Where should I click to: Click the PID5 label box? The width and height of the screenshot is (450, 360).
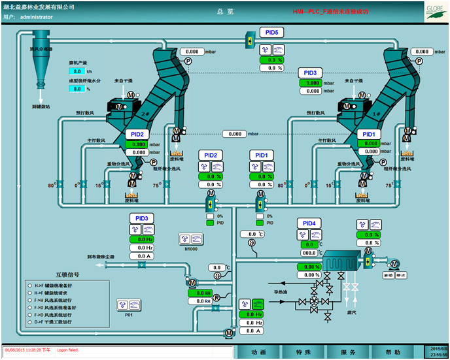click(271, 32)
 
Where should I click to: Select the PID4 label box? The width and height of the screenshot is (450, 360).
click(309, 223)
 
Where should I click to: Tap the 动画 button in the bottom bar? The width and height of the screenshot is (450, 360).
click(259, 352)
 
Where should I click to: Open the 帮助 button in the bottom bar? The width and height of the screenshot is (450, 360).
click(392, 352)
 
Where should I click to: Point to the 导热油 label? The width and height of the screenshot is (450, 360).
click(281, 291)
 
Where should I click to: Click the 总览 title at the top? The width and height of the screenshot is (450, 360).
click(225, 12)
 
